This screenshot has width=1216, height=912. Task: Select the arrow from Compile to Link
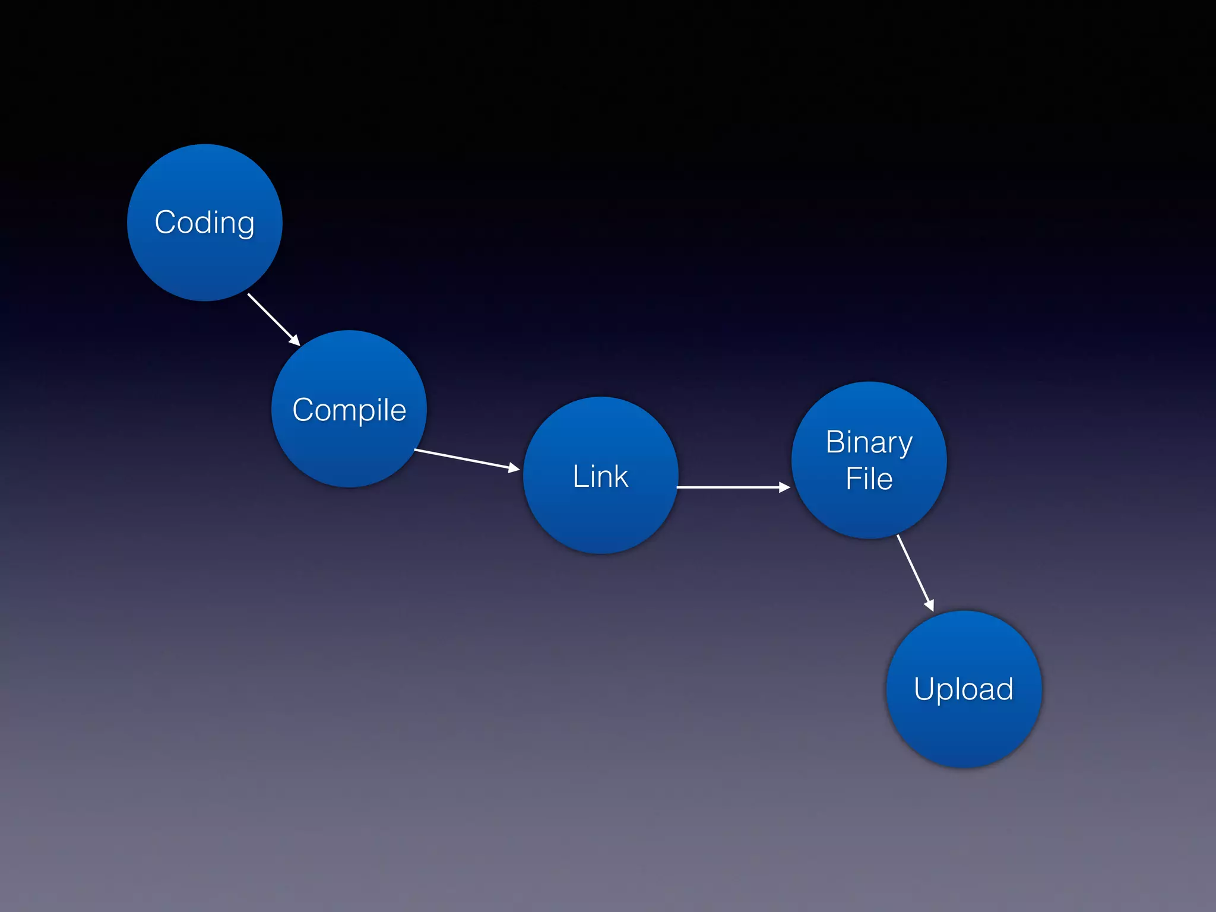[463, 460]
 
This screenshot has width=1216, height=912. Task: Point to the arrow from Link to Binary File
[730, 487]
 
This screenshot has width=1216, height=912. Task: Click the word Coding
[204, 223]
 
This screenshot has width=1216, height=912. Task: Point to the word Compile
[349, 410]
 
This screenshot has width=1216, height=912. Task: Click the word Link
[600, 476]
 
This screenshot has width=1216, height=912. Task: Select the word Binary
[869, 442]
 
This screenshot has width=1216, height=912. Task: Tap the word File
[869, 479]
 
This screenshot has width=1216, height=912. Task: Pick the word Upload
[963, 689]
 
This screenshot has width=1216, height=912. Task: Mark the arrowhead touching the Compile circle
[294, 340]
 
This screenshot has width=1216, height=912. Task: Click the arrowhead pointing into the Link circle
[514, 468]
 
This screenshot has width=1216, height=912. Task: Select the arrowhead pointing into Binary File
[784, 487]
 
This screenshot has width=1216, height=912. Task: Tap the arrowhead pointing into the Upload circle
[929, 605]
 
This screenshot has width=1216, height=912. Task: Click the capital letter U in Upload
[925, 689]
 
